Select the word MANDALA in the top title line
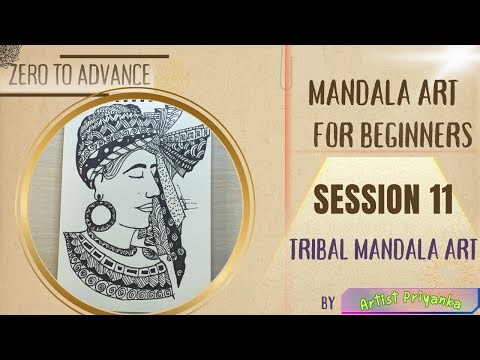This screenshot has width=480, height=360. (354, 95)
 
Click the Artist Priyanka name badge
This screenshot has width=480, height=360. (406, 300)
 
